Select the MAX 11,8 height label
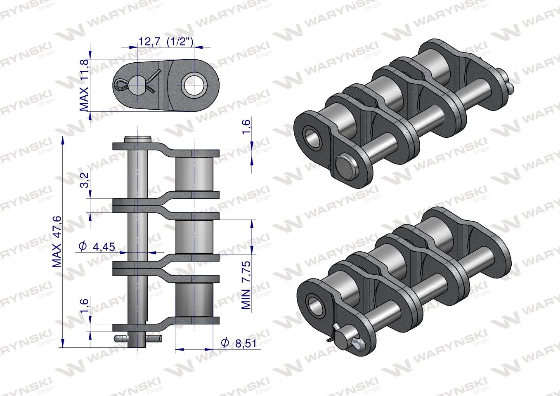tap(84, 85)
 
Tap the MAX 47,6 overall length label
tap(57, 241)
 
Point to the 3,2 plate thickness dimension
tap(84, 180)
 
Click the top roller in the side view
tap(194, 174)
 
